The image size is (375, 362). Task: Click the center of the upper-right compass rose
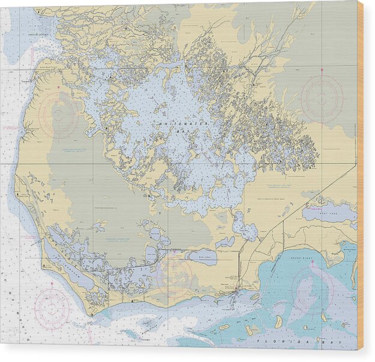click(322, 97)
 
